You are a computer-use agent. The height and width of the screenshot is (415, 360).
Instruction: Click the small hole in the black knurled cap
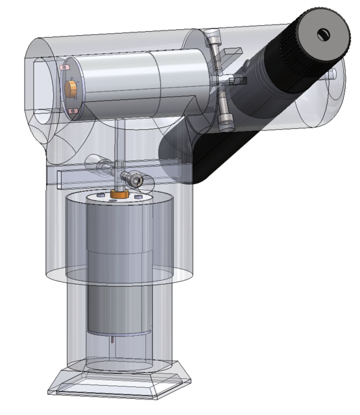click(x=323, y=34)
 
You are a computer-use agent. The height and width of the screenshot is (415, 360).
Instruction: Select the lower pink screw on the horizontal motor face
click(x=71, y=112)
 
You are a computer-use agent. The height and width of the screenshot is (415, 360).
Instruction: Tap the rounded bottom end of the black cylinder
click(x=188, y=156)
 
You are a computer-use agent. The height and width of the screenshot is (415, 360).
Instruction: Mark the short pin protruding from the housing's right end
click(x=332, y=75)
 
